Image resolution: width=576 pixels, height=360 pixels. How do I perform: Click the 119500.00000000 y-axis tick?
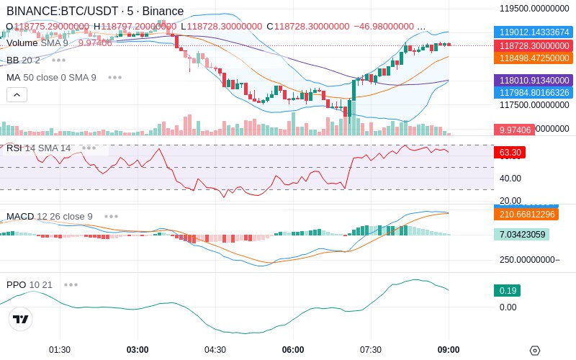pyautogui.click(x=535, y=9)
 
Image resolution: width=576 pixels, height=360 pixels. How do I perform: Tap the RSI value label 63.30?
pyautogui.click(x=510, y=153)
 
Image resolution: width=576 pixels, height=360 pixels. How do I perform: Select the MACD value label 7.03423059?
pyautogui.click(x=521, y=235)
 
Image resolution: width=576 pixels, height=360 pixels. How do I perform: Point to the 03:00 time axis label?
pyautogui.click(x=138, y=350)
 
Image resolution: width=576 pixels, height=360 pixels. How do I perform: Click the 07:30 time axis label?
pyautogui.click(x=371, y=350)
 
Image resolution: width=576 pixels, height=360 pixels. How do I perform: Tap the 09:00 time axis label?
pyautogui.click(x=449, y=350)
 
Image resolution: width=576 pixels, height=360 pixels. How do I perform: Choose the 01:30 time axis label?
pyautogui.click(x=60, y=350)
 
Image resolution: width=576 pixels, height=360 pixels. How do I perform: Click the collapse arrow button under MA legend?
pyautogui.click(x=17, y=94)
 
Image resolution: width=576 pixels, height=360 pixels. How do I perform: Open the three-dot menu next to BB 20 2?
pyautogui.click(x=58, y=60)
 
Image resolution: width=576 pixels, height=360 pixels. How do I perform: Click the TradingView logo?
pyautogui.click(x=21, y=320)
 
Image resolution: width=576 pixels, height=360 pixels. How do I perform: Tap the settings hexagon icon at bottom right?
pyautogui.click(x=535, y=351)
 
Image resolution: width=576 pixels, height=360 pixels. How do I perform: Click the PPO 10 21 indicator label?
pyautogui.click(x=30, y=284)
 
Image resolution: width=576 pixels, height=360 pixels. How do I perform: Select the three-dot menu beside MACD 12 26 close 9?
pyautogui.click(x=111, y=216)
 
